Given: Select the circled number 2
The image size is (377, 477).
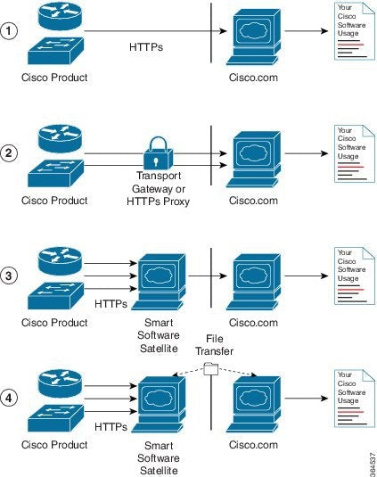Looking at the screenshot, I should tap(10, 152).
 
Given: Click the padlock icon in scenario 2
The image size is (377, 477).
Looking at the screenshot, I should tap(156, 151).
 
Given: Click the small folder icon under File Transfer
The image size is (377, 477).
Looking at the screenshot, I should tap(211, 367).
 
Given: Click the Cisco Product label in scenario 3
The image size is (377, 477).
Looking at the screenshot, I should tap(54, 322).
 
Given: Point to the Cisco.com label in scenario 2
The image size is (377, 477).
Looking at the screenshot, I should tap(253, 201).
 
